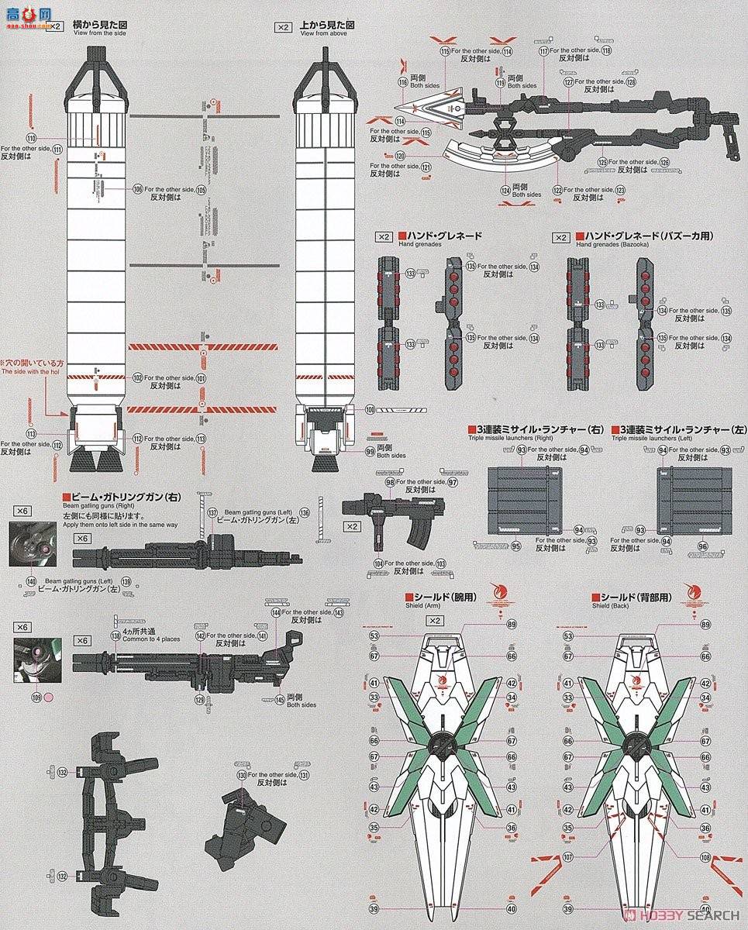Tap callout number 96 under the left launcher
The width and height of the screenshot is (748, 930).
click(x=702, y=546)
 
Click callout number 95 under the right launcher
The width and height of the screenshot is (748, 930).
click(x=516, y=546)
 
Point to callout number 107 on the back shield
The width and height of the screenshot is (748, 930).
click(x=568, y=857)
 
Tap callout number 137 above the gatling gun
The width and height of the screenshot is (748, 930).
click(x=212, y=512)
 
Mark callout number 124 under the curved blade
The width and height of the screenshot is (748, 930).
click(x=505, y=189)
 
